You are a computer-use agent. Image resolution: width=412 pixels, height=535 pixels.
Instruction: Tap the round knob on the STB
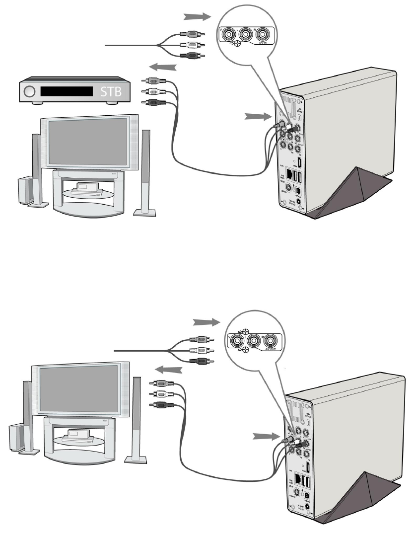pyautogui.click(x=30, y=92)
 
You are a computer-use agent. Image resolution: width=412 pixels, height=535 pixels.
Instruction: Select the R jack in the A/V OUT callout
pyautogui.click(x=271, y=341)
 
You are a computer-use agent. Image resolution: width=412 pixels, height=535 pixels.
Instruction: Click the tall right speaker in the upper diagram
pyautogui.click(x=145, y=169)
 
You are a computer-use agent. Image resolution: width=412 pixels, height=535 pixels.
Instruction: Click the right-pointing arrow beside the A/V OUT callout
pyautogui.click(x=206, y=322)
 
